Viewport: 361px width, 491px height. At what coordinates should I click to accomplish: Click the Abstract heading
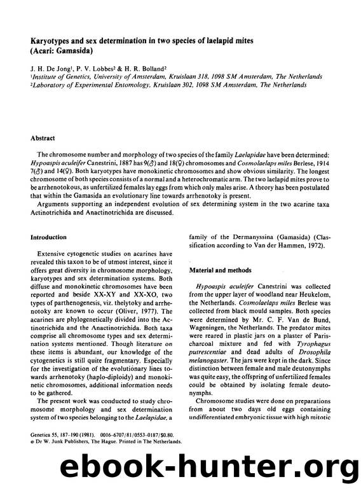point(44,137)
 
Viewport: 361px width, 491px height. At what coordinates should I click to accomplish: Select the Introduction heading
point(50,237)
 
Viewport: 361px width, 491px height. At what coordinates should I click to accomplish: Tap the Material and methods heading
point(221,270)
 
